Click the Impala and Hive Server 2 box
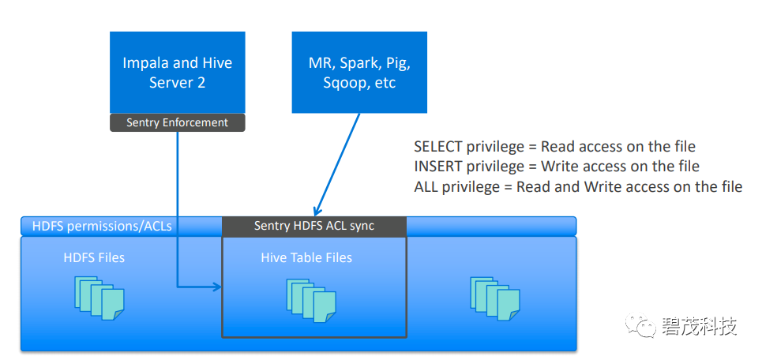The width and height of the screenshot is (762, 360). click(178, 73)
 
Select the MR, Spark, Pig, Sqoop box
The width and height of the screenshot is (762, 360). click(359, 73)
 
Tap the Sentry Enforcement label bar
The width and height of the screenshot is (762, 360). click(178, 122)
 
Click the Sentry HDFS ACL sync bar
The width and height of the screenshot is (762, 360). click(314, 226)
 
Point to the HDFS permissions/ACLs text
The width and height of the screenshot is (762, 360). click(102, 226)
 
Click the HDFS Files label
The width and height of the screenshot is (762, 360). click(94, 257)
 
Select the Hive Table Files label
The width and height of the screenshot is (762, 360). click(306, 257)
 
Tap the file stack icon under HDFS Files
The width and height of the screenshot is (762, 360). click(99, 298)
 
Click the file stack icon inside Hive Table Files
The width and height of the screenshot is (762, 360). click(311, 301)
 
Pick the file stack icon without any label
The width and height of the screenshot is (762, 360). click(495, 298)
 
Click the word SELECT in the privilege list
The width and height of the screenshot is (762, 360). click(438, 147)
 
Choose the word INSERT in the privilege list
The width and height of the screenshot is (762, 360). click(438, 167)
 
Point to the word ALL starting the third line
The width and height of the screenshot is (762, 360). click(426, 186)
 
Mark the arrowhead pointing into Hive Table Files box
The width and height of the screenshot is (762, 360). click(216, 287)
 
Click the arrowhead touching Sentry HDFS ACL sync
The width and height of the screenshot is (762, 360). click(317, 211)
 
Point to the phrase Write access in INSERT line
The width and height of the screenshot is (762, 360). click(580, 167)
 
